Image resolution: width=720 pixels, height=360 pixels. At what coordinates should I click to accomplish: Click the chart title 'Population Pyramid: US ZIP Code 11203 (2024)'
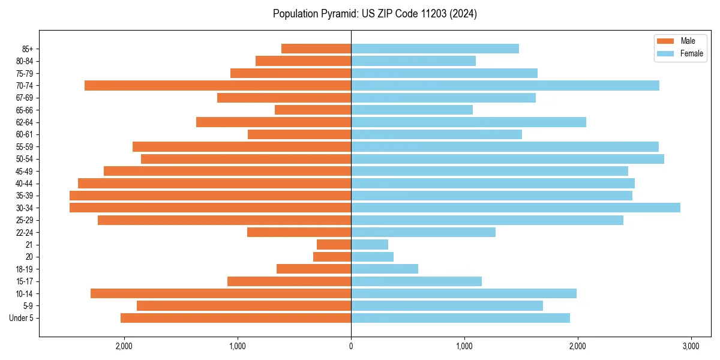tap(374, 14)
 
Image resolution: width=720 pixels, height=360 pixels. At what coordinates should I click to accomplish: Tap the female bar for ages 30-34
tap(515, 208)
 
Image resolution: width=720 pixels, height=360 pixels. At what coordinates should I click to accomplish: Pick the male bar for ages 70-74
tap(218, 85)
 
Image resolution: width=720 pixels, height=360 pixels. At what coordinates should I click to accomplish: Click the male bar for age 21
tap(334, 244)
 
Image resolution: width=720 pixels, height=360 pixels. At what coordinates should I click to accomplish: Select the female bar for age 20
tap(372, 257)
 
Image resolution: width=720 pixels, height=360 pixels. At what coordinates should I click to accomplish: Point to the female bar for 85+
tap(435, 49)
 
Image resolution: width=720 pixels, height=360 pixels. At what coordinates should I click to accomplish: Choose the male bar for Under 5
tap(236, 318)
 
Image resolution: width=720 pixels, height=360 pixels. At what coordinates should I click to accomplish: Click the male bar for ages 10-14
tap(221, 293)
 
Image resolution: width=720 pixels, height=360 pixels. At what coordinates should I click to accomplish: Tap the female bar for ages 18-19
tap(385, 269)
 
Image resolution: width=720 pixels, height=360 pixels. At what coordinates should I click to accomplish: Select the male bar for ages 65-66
tap(313, 110)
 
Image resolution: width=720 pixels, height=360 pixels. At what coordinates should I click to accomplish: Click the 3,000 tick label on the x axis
tap(691, 346)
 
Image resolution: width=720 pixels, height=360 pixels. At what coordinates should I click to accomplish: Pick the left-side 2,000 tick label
tap(124, 346)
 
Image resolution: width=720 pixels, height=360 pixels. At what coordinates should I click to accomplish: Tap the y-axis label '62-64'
tap(25, 122)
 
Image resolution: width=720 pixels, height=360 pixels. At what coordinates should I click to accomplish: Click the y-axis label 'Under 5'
tap(22, 318)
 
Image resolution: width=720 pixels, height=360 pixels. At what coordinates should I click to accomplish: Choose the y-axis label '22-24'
tap(25, 232)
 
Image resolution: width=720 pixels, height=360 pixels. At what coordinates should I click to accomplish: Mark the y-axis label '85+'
tap(27, 49)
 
